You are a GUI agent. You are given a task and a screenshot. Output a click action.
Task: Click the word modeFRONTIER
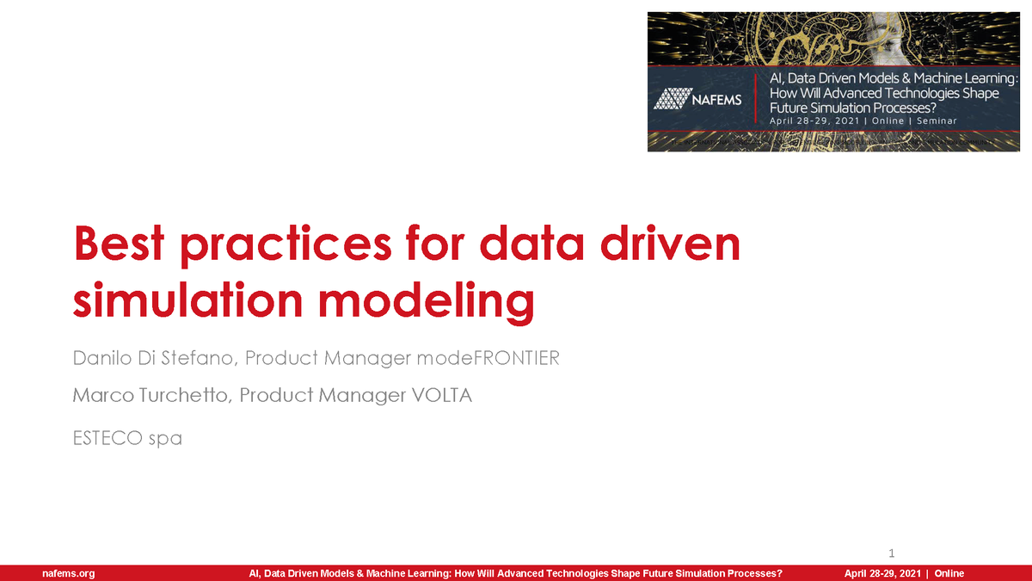[488, 358]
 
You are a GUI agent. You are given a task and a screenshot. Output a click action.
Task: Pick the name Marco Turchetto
[151, 396]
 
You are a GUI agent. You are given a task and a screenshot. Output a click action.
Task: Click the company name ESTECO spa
[127, 438]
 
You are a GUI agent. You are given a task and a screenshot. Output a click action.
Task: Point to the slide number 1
[892, 552]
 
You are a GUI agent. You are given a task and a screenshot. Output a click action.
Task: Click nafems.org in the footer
[68, 573]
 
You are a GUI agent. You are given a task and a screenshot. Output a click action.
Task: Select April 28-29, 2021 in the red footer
[882, 573]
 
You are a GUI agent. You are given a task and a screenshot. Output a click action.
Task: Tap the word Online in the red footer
[949, 573]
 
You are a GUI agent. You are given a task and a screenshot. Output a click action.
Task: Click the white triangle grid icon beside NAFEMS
[671, 100]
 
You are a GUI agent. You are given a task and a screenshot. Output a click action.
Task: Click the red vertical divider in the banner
[756, 99]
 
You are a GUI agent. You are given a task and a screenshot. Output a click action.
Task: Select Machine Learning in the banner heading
[967, 78]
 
